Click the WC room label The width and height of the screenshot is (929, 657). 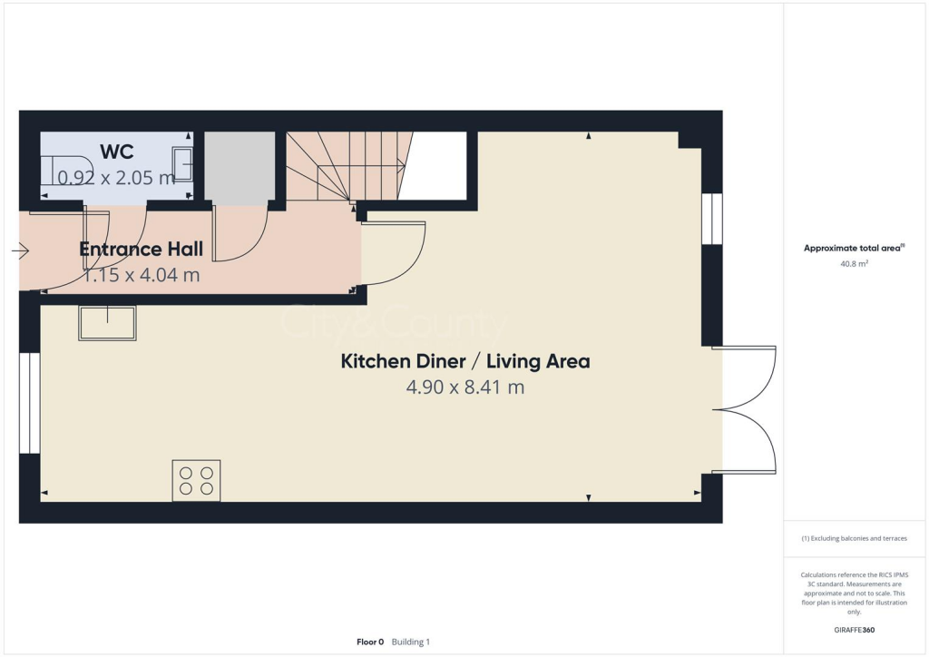(118, 151)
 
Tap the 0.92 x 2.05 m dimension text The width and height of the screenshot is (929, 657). (116, 178)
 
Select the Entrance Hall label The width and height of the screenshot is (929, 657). (141, 250)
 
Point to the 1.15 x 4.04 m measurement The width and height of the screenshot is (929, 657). (141, 275)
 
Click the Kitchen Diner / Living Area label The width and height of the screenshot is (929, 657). (464, 361)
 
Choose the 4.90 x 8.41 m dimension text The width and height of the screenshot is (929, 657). (464, 387)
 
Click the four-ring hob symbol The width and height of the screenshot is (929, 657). (196, 480)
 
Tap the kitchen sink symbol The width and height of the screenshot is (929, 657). (107, 323)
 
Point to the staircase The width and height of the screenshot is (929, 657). (345, 165)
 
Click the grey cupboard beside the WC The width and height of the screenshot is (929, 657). (240, 165)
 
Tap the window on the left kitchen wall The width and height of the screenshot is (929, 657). (30, 402)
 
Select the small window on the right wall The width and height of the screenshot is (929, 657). (712, 219)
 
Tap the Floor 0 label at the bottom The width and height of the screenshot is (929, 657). (370, 642)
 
